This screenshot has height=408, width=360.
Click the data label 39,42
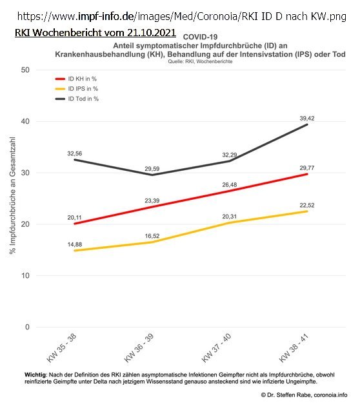(307, 119)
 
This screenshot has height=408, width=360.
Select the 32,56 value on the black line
(74, 153)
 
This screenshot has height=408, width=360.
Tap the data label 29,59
(152, 169)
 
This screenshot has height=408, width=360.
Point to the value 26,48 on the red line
(230, 185)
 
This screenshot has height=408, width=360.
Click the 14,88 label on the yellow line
(75, 244)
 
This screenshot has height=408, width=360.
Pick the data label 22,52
(307, 206)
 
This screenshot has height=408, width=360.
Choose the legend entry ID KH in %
(75, 79)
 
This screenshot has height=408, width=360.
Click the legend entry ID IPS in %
(77, 89)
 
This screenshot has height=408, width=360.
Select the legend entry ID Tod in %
(77, 99)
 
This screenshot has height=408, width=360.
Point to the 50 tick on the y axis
(25, 70)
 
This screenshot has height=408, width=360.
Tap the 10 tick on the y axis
(25, 276)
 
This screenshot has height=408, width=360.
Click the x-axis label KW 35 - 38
(61, 348)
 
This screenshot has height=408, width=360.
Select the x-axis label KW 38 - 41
(294, 348)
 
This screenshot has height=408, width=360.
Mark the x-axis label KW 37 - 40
(216, 348)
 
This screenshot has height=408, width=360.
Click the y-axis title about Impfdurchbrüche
(12, 195)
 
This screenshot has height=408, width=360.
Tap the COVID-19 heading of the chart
(200, 37)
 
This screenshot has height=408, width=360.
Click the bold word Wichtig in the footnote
(35, 375)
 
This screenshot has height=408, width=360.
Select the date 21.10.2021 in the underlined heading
(152, 33)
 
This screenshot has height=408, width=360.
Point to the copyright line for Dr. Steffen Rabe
(304, 395)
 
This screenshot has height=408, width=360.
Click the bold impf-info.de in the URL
(106, 16)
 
